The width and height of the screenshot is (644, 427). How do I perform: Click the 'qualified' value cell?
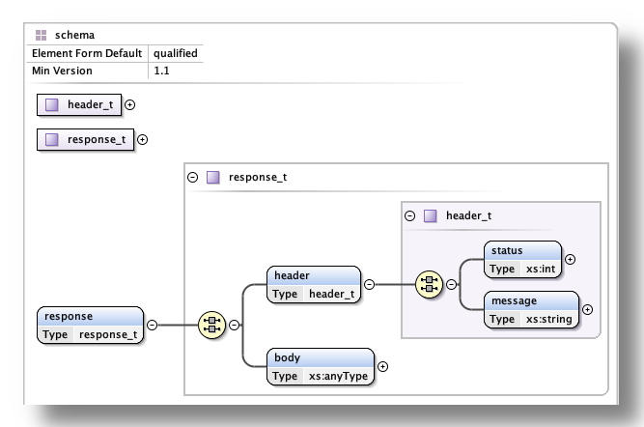pos(175,53)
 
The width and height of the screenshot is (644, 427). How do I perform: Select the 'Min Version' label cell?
pos(63,71)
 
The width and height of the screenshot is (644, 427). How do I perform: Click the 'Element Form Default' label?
pos(87,53)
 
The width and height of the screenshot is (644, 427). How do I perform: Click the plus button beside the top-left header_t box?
pos(130,104)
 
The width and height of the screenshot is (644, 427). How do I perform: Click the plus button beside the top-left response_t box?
pos(143,139)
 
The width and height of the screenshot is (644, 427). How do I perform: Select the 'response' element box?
pos(91,325)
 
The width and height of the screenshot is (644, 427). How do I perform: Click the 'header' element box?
pos(314,284)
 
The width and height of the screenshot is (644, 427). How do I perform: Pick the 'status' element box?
pos(522,259)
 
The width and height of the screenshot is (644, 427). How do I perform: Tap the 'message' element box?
pos(531,309)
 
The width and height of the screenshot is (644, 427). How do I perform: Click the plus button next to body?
pos(383,366)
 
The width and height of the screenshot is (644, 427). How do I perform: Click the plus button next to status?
pos(570,259)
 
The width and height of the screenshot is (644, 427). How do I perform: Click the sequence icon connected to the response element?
pos(210,325)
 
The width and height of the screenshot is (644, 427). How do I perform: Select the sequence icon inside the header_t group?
pos(429,284)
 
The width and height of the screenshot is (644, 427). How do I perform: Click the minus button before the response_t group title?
pos(193,178)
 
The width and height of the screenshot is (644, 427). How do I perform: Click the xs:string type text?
pos(547,319)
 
